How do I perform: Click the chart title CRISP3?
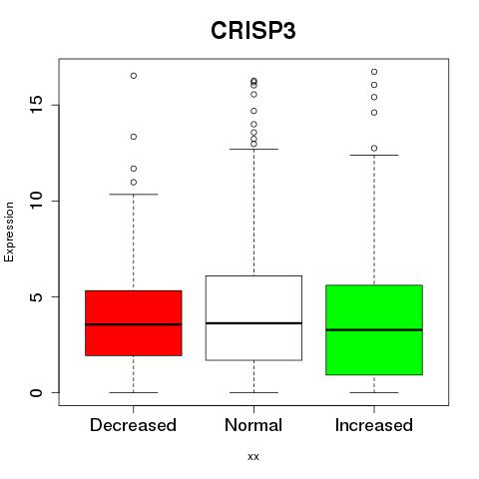[253, 31]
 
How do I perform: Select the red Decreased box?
[134, 323]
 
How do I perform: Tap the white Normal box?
[253, 318]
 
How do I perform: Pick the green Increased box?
[374, 330]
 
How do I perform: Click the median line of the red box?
[134, 324]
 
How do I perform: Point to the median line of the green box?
[374, 330]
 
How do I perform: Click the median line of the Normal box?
[253, 323]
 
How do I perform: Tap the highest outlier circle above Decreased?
[134, 76]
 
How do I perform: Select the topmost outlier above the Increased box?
[374, 72]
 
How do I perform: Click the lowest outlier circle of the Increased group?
[374, 149]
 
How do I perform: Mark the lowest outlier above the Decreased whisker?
[134, 183]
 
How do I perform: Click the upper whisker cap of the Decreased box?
[134, 194]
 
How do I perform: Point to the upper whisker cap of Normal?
[253, 149]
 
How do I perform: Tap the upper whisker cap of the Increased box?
[374, 155]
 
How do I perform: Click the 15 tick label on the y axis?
[37, 105]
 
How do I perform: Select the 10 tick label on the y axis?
[37, 201]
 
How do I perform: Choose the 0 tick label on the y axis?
[37, 392]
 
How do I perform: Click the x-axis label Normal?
[253, 425]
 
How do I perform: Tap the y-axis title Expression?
[9, 232]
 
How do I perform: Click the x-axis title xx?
[253, 457]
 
